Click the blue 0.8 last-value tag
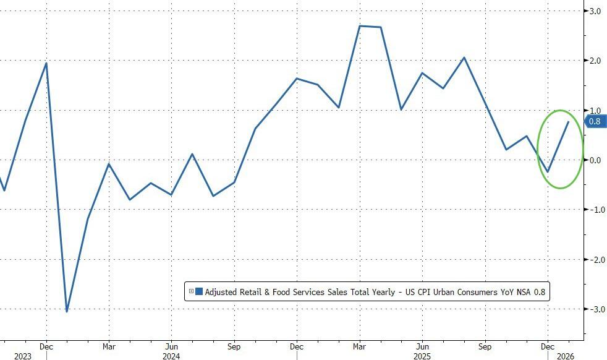pyautogui.click(x=595, y=122)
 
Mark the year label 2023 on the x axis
pyautogui.click(x=23, y=356)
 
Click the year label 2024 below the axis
pyautogui.click(x=171, y=356)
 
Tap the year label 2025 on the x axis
pyautogui.click(x=422, y=356)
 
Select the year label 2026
pyautogui.click(x=567, y=356)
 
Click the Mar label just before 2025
pyautogui.click(x=359, y=346)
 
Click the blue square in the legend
pyautogui.click(x=199, y=291)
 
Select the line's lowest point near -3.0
pyautogui.click(x=67, y=311)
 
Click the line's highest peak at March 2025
pyautogui.click(x=360, y=26)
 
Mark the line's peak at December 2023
pyautogui.click(x=46, y=63)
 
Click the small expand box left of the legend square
pyautogui.click(x=192, y=291)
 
